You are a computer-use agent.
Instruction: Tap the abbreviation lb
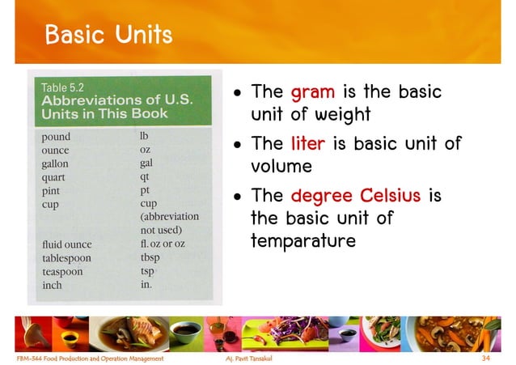145,136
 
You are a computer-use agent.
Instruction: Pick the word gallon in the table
60,163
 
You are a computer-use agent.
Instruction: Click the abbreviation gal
146,163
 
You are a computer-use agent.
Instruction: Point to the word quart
57,177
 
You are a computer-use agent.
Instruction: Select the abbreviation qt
145,177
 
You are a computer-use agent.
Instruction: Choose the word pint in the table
55,191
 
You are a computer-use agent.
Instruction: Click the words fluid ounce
67,244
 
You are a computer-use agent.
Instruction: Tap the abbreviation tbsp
150,258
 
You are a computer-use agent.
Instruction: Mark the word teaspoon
66,272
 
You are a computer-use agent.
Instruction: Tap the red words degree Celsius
352,196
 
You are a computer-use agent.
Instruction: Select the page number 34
486,357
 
